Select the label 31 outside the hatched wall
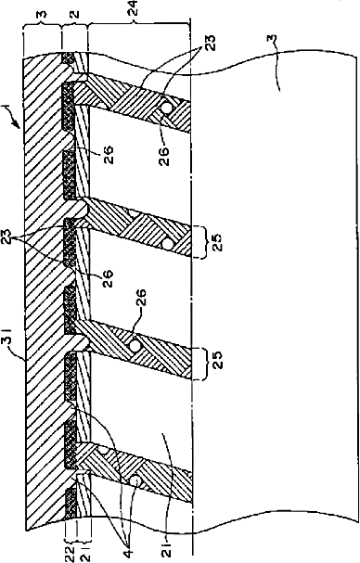[x=8, y=341]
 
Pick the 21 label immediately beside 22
[x=83, y=552]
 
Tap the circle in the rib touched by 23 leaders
[x=166, y=108]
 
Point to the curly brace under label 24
[x=138, y=23]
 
